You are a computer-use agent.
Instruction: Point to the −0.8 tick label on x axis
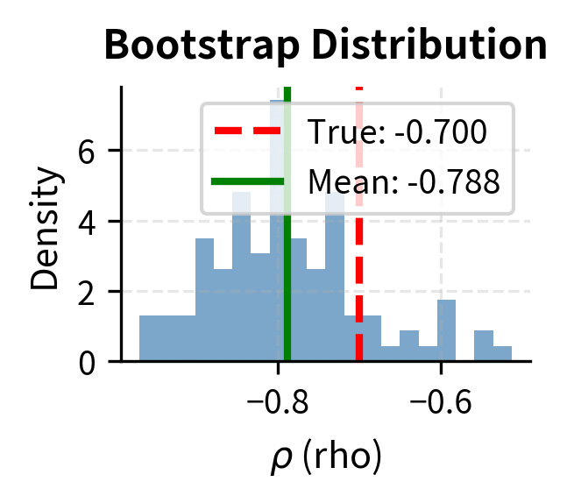pyautogui.click(x=280, y=404)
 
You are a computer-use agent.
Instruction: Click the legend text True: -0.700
pyautogui.click(x=396, y=132)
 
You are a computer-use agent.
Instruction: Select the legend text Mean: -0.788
pyautogui.click(x=403, y=181)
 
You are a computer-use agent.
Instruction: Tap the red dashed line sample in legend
pyautogui.click(x=248, y=131)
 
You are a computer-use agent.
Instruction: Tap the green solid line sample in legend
pyautogui.click(x=248, y=181)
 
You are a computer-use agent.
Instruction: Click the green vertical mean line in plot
pyautogui.click(x=287, y=280)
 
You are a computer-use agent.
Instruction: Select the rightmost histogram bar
pyautogui.click(x=502, y=354)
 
